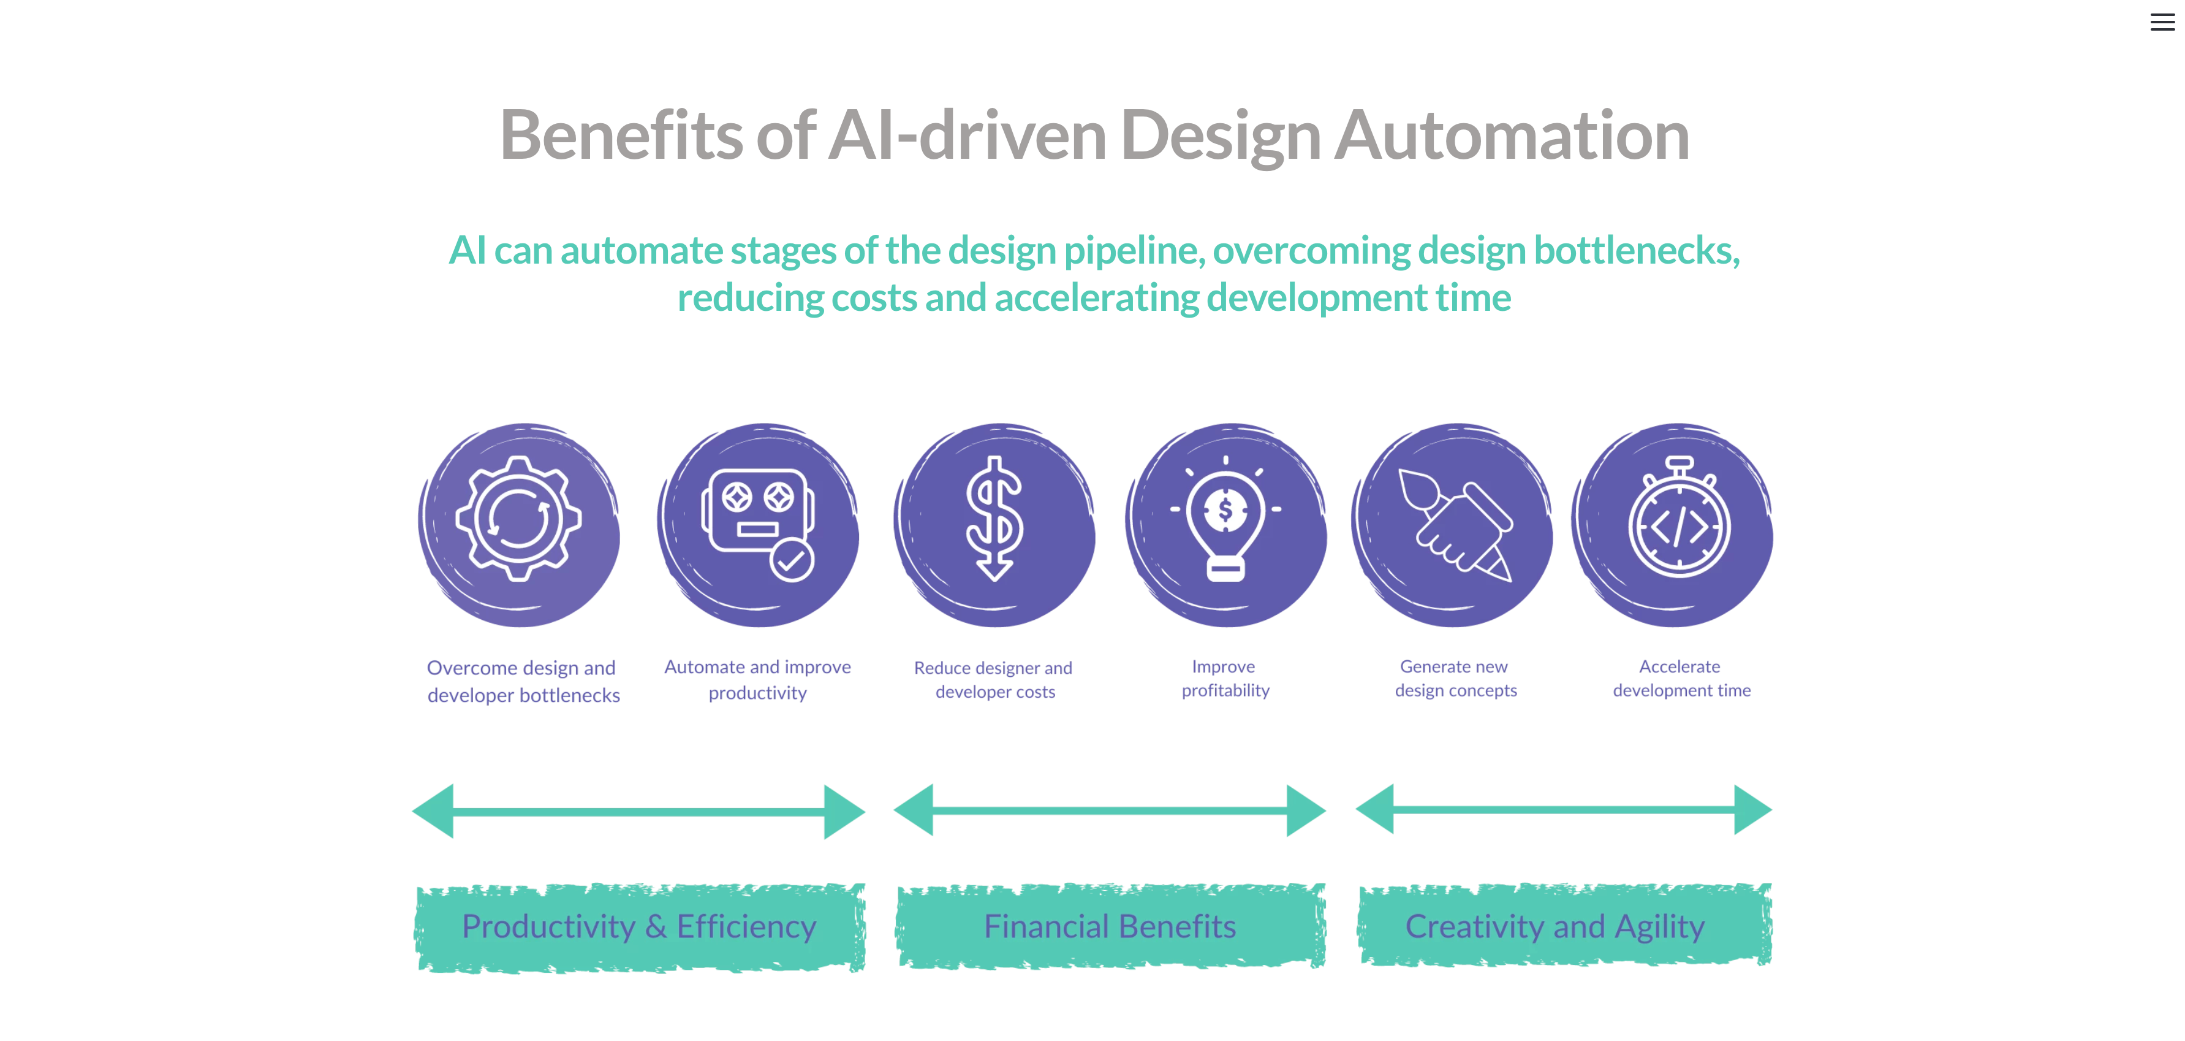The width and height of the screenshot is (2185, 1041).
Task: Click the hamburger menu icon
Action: [2162, 22]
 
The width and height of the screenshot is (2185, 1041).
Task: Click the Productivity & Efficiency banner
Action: [640, 926]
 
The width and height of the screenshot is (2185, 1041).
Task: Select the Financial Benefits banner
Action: [1110, 926]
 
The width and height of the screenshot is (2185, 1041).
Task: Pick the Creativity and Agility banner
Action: [1564, 925]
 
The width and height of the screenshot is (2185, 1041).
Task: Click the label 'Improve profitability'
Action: [1225, 678]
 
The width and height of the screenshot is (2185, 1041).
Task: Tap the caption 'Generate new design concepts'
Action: [1455, 678]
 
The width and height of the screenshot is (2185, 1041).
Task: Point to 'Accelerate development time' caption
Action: [1681, 678]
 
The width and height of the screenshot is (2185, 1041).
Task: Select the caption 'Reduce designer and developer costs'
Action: [994, 679]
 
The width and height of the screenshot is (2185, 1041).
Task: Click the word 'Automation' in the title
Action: [1512, 135]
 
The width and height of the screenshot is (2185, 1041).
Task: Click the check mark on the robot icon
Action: [792, 560]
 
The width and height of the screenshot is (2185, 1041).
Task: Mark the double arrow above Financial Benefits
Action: [1110, 810]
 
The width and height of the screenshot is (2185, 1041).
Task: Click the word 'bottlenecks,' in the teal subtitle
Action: [1637, 250]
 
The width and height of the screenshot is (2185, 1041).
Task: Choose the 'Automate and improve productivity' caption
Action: [757, 679]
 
